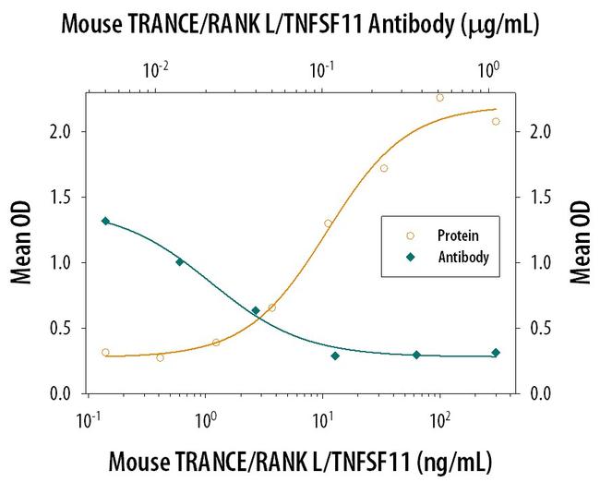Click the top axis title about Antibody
point(300,25)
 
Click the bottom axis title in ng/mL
point(300,460)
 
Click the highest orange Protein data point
point(439,97)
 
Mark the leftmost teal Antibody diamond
point(105,221)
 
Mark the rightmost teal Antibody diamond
point(496,353)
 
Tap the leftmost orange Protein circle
point(105,352)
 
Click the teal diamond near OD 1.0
point(180,261)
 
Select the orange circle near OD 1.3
point(328,223)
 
